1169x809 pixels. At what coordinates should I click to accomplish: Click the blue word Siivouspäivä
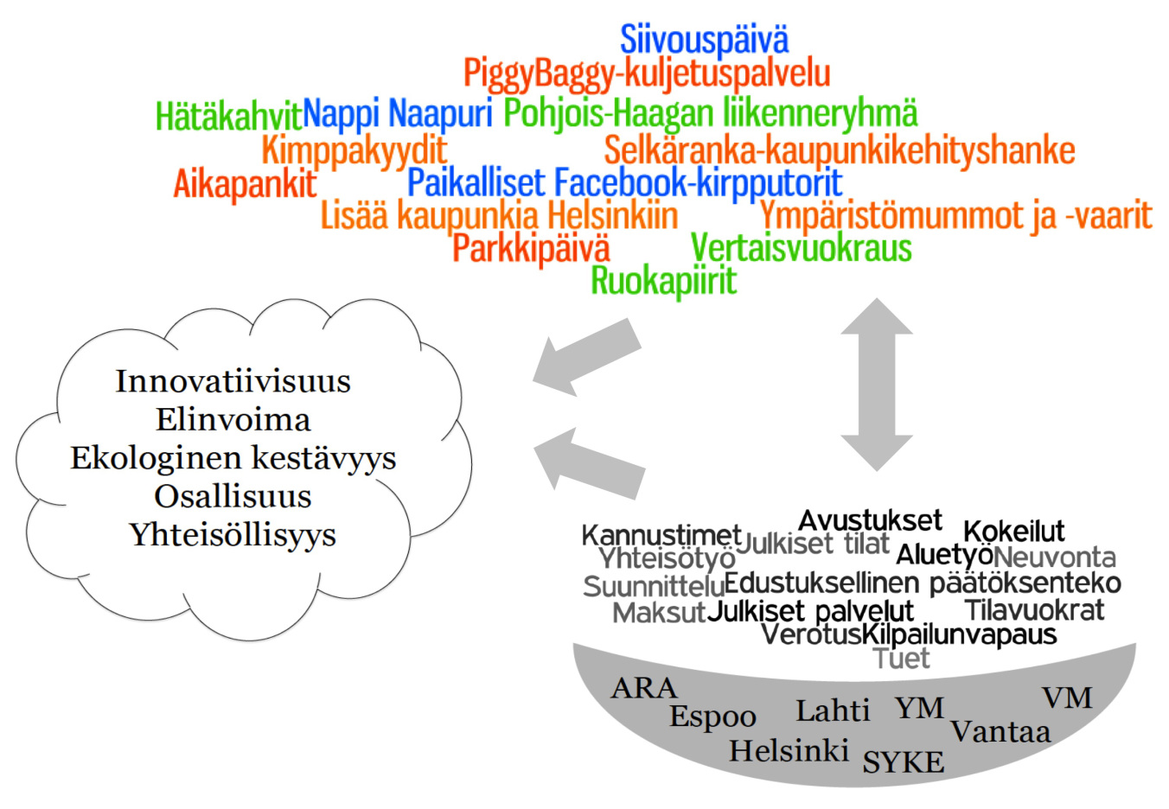705,39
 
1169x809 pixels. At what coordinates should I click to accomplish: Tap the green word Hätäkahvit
229,116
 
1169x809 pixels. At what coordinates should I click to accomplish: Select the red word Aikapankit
245,184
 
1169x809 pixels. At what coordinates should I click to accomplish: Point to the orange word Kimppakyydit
355,150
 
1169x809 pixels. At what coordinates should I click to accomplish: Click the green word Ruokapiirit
663,281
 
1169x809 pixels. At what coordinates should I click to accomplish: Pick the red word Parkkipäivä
531,248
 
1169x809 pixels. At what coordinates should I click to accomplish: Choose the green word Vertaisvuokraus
801,247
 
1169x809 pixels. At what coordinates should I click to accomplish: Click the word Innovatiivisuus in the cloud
233,381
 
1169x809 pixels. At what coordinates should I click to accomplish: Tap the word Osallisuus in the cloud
233,497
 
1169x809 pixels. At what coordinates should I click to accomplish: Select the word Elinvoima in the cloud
233,420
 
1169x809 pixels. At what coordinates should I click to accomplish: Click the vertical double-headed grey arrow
877,385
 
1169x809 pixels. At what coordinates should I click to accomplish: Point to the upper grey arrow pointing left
587,358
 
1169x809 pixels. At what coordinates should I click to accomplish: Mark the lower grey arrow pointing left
589,464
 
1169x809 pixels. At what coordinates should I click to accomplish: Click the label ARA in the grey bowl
644,688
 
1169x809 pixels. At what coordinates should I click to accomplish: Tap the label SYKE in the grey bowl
904,762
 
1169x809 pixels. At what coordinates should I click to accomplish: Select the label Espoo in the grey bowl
712,717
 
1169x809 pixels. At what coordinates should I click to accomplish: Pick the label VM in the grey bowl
1067,698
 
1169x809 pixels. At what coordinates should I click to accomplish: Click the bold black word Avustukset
871,520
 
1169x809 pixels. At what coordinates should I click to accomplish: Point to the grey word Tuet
901,659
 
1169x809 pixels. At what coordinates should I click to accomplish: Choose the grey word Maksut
659,613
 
